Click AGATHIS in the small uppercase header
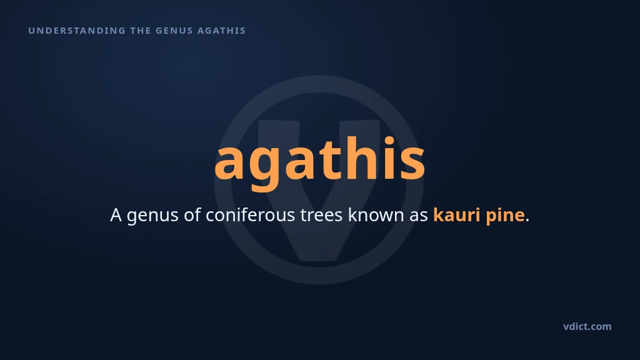click(x=222, y=31)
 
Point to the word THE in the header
click(x=141, y=31)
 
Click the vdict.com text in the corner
click(x=587, y=326)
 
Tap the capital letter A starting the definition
click(x=116, y=215)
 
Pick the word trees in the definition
click(x=321, y=215)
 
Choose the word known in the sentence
click(x=376, y=215)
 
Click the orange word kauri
click(x=456, y=215)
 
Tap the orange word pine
click(x=505, y=216)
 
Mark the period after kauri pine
click(x=527, y=220)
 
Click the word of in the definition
click(x=192, y=215)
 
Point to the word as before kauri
click(x=419, y=217)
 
